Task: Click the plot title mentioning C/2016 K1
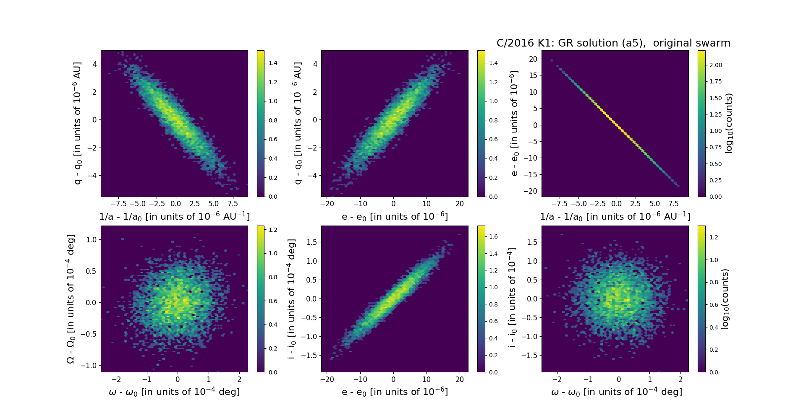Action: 613,43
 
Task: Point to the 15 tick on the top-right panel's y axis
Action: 533,75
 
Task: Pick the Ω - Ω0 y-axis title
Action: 71,299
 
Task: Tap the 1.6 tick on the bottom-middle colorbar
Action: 493,236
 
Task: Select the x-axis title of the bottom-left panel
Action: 174,392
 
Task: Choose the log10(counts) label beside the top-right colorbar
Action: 729,123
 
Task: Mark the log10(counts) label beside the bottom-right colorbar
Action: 725,299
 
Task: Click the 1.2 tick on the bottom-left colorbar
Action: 273,229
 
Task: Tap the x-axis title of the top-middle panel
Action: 395,217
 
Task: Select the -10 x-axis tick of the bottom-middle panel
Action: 360,379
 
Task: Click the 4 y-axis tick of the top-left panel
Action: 95,64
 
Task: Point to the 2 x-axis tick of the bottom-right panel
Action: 680,379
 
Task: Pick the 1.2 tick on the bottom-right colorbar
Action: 713,237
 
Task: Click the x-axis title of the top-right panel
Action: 615,217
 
